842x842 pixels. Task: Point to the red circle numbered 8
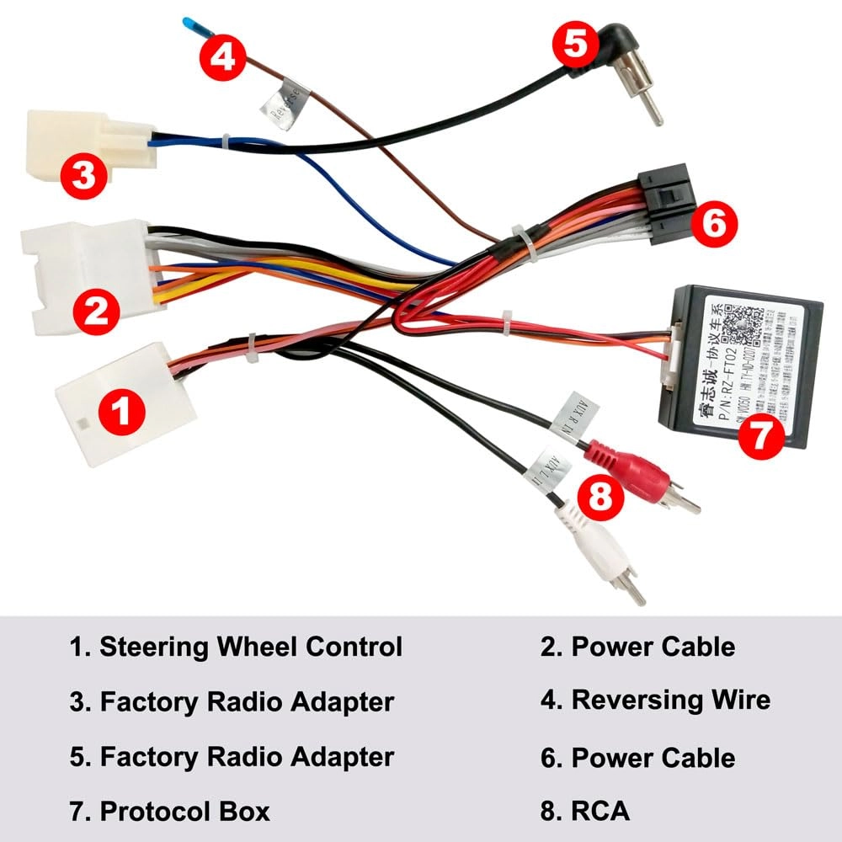coord(600,495)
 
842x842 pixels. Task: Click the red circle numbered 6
coord(712,223)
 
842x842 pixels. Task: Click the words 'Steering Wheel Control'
coord(250,647)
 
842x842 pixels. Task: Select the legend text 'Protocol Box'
coord(184,811)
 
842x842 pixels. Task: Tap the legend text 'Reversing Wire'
coord(670,700)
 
